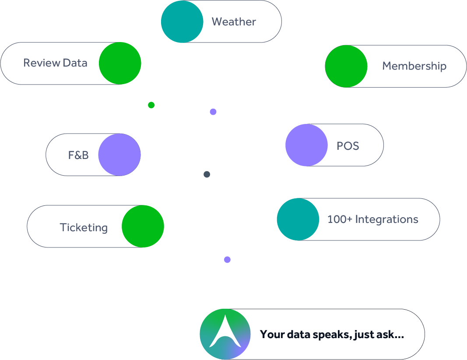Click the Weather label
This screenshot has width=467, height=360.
tap(234, 22)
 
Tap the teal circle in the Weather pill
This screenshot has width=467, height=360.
tap(182, 21)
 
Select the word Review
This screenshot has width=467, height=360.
tap(42, 63)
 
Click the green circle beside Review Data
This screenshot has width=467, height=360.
tap(120, 63)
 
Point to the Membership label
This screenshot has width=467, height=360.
tap(414, 66)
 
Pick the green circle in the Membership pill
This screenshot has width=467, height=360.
tap(346, 66)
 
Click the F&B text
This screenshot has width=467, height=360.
tap(78, 155)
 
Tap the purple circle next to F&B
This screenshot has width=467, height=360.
tap(119, 155)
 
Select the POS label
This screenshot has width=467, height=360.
tap(348, 146)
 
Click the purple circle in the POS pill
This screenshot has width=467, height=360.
tap(306, 145)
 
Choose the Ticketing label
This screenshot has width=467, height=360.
tap(84, 228)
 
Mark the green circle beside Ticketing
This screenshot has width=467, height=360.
tap(143, 226)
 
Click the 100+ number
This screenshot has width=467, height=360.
tap(340, 219)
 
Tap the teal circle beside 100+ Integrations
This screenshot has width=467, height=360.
tap(298, 219)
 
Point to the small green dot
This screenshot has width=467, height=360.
tap(151, 105)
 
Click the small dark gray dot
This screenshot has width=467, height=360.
tap(207, 174)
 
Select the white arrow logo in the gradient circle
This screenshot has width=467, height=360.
tap(225, 332)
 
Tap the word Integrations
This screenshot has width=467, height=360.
tap(387, 220)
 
